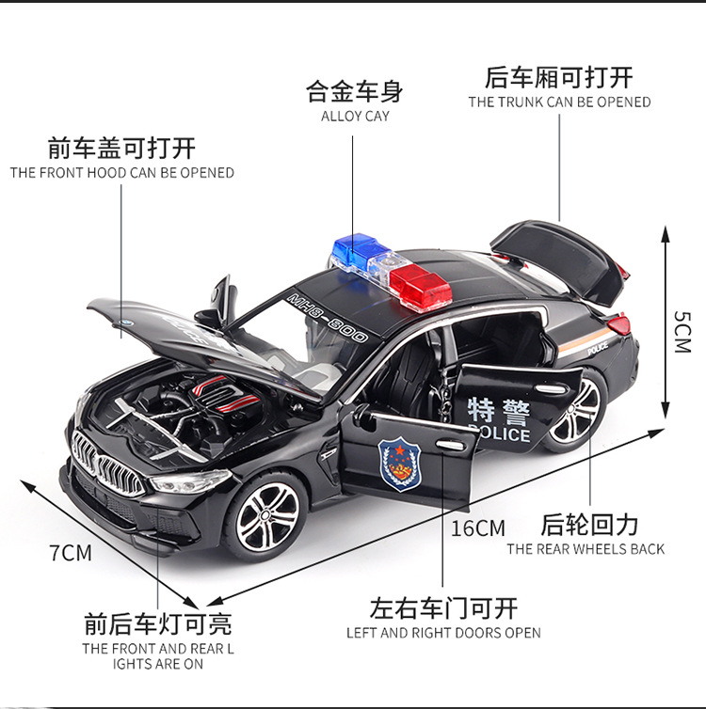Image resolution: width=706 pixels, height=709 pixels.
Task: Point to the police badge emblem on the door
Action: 402,460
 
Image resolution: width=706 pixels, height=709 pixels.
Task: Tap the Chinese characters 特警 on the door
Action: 499,411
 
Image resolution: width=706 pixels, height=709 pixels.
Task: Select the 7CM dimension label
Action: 71,553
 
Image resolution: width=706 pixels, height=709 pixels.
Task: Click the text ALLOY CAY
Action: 355,117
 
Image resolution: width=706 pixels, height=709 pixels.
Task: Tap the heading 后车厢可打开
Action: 559,77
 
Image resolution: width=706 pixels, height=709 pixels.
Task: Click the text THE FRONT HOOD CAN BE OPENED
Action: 122,173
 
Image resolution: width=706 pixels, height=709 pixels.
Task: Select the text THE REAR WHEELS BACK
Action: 586,549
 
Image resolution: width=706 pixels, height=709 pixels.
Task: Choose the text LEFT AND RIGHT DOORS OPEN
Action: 443,633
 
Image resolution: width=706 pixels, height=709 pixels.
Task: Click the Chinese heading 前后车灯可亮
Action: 157,623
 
